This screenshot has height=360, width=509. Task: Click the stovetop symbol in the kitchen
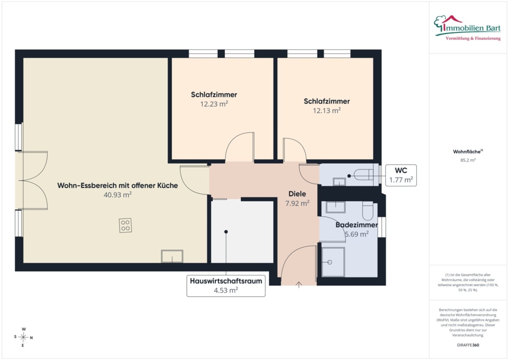click(x=125, y=225)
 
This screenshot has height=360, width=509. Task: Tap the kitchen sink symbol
click(x=172, y=256)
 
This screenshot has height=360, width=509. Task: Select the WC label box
click(x=401, y=175)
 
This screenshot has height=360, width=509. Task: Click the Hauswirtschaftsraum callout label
click(x=226, y=286)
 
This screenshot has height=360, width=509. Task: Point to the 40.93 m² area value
click(x=117, y=195)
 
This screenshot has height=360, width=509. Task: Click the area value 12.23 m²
click(x=214, y=104)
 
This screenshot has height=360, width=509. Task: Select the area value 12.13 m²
click(x=326, y=111)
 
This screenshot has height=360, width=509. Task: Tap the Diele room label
click(x=297, y=194)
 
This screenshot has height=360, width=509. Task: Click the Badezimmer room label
click(x=356, y=225)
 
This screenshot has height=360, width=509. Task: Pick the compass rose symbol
click(x=23, y=337)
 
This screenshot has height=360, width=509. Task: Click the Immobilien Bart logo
click(x=468, y=28)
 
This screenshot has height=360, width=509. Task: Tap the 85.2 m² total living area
click(x=468, y=160)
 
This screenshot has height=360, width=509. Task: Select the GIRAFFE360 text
click(x=468, y=345)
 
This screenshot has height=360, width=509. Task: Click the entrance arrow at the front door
click(x=299, y=285)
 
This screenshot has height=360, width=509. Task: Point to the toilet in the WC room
click(x=364, y=175)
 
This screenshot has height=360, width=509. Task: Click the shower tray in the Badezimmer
click(x=333, y=262)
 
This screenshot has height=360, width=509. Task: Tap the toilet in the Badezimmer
click(x=368, y=211)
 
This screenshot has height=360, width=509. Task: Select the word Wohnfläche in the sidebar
click(x=467, y=152)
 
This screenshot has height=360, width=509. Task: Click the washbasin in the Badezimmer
click(x=335, y=207)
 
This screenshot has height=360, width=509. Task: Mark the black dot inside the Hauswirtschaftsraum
click(x=226, y=232)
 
